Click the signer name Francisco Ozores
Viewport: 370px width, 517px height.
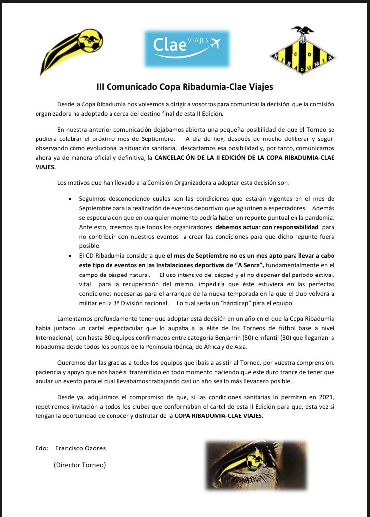pos(80,448)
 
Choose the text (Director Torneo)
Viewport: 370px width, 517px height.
pos(79,465)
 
